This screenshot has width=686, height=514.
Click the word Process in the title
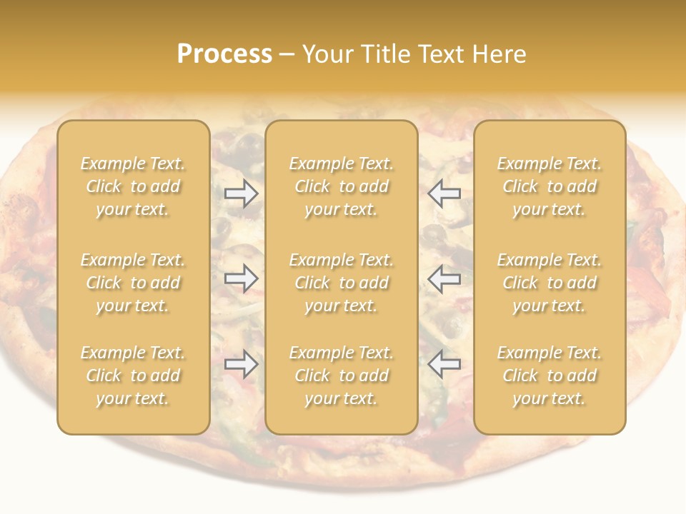(x=224, y=54)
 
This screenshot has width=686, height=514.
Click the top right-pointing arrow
(x=241, y=193)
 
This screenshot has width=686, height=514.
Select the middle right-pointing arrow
(x=241, y=278)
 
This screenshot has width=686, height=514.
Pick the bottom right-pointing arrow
(x=241, y=364)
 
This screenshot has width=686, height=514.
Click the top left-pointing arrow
(x=444, y=193)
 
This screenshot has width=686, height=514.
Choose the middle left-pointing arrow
(x=444, y=278)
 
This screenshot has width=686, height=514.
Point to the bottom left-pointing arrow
(x=444, y=364)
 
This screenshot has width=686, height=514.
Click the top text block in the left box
(x=133, y=186)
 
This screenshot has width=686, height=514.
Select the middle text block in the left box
(x=133, y=283)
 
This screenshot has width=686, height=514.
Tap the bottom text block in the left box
(x=133, y=376)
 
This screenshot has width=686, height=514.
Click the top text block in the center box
(x=342, y=186)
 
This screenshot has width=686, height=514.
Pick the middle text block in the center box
(x=342, y=283)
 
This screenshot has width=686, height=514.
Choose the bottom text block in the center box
(x=342, y=376)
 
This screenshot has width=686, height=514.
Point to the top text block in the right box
(x=550, y=186)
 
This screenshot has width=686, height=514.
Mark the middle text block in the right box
(x=550, y=283)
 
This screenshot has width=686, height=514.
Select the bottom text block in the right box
(x=550, y=376)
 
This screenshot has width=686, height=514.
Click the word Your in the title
(x=327, y=54)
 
